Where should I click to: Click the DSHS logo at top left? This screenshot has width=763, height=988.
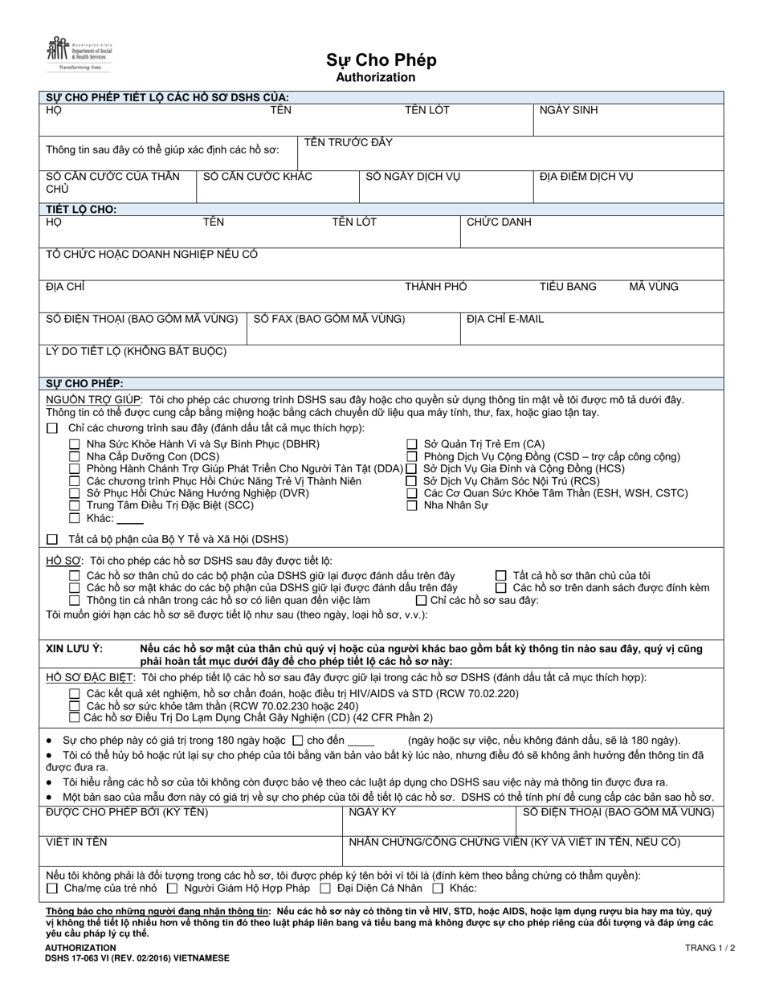click(x=79, y=55)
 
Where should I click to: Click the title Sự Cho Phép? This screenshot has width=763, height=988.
click(x=381, y=60)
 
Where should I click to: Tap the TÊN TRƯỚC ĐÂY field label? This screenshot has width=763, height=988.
click(x=348, y=142)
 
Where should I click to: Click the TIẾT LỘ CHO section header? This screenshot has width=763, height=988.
click(x=81, y=209)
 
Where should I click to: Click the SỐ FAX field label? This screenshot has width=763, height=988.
click(x=329, y=319)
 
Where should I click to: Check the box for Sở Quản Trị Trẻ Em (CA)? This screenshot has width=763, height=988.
click(x=412, y=444)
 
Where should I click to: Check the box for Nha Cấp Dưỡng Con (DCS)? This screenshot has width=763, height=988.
click(x=75, y=457)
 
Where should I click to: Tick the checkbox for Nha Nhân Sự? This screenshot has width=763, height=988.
click(x=412, y=505)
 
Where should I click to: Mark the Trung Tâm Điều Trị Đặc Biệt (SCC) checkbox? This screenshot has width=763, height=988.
click(x=75, y=505)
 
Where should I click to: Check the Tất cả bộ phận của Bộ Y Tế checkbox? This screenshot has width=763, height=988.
click(x=53, y=539)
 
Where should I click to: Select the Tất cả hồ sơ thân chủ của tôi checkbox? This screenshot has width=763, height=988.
click(x=501, y=575)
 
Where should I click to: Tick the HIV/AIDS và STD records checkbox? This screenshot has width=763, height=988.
click(x=75, y=693)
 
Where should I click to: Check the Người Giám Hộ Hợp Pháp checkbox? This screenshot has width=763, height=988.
click(x=173, y=888)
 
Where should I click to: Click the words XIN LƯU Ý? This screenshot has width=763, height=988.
click(x=74, y=648)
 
